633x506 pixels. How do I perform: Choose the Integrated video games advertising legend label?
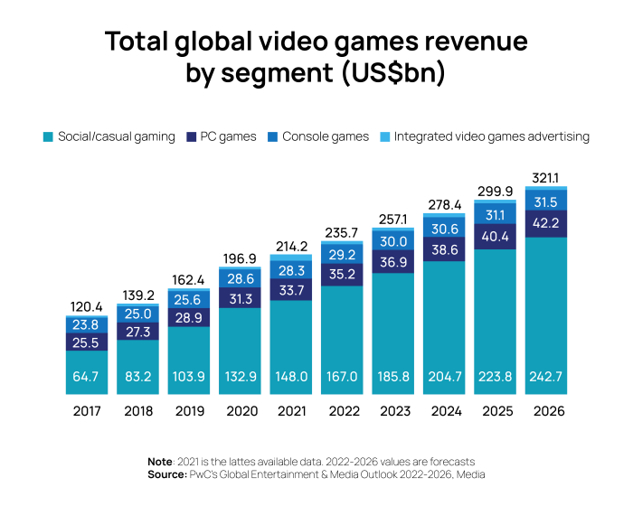[492, 136]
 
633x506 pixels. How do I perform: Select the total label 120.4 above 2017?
[87, 308]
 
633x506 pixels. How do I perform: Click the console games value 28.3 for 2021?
[292, 269]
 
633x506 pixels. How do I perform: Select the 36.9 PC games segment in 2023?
[395, 261]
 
